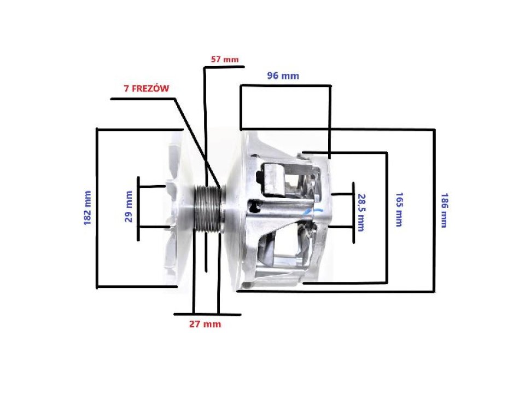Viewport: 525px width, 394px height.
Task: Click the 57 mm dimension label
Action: [x=225, y=59]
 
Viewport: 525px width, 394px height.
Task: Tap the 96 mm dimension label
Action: [x=283, y=76]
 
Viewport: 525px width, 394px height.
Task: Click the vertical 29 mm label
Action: [x=130, y=206]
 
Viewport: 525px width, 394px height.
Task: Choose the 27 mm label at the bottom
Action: [x=205, y=324]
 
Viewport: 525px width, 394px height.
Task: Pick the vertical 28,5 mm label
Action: [x=361, y=212]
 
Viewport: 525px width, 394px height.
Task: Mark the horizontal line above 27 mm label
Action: [x=208, y=314]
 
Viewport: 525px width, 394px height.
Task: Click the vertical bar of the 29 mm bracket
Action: [x=138, y=208]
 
